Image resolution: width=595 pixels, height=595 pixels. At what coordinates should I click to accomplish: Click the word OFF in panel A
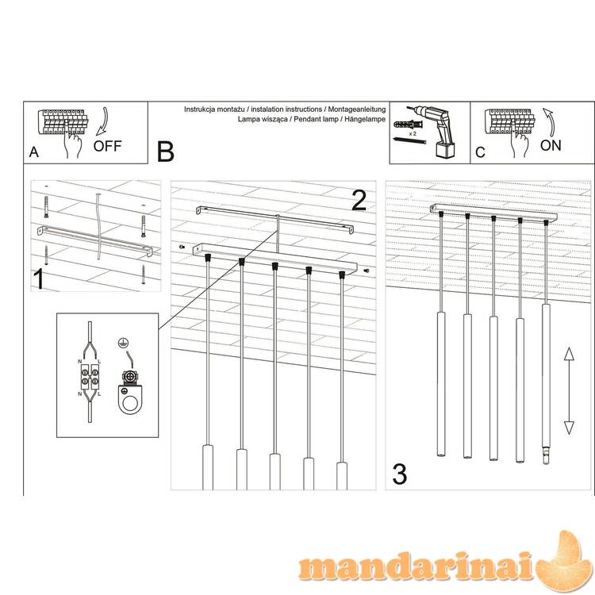tap(107, 146)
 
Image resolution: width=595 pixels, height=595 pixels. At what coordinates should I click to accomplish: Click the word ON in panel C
tap(551, 145)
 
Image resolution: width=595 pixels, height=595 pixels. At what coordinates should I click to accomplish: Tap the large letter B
tap(166, 152)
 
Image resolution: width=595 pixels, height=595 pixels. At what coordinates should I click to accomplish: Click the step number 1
tap(39, 279)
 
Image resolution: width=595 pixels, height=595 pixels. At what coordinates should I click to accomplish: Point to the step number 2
tap(359, 201)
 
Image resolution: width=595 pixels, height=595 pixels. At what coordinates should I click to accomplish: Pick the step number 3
tap(399, 474)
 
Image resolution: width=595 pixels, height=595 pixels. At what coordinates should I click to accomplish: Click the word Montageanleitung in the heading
tap(357, 109)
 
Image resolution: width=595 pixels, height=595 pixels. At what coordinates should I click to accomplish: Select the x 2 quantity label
tap(413, 133)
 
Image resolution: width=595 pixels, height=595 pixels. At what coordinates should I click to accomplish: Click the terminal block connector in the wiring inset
tap(90, 376)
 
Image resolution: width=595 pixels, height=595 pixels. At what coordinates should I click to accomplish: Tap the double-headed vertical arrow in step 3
tap(569, 391)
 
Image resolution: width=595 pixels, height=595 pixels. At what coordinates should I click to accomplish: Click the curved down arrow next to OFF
tap(102, 121)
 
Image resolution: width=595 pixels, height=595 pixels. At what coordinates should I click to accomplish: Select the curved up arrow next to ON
tap(549, 122)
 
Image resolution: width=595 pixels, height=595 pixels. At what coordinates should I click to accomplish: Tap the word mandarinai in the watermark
tap(416, 566)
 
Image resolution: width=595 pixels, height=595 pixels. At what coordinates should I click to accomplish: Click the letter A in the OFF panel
tap(34, 152)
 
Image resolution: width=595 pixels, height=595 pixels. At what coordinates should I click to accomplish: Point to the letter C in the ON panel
tap(480, 152)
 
